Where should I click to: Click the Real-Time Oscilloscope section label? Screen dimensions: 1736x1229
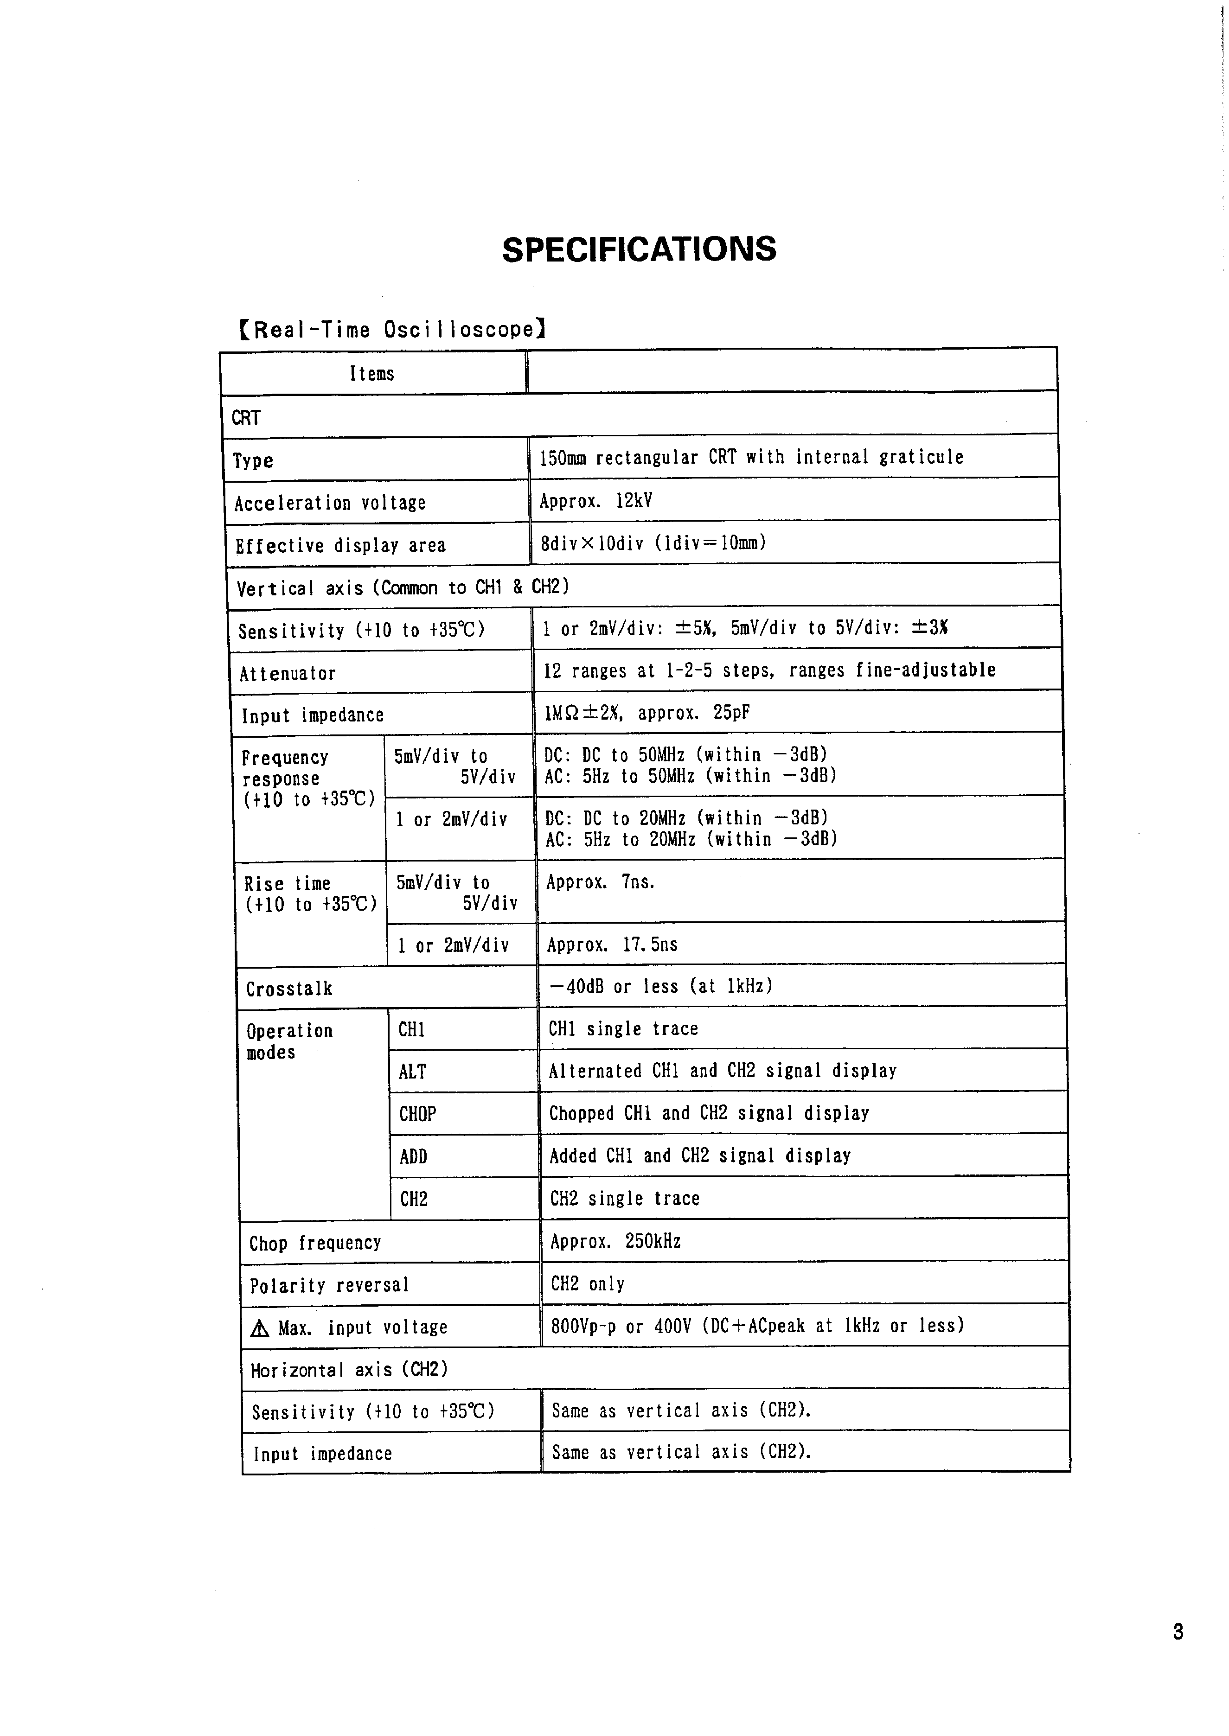tap(392, 330)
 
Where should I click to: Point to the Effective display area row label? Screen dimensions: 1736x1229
tap(340, 545)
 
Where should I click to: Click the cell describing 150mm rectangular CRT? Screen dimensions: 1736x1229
tap(751, 457)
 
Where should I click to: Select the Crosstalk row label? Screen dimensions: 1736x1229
tap(289, 989)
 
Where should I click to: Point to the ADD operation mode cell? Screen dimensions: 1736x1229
tap(413, 1156)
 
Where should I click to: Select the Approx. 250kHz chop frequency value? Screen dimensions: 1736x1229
tap(615, 1241)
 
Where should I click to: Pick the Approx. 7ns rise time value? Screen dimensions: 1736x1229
tap(600, 882)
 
